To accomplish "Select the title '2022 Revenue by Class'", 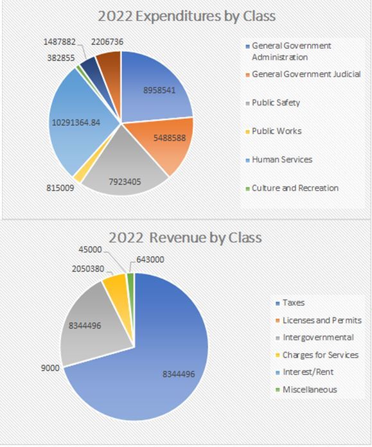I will click(185, 237).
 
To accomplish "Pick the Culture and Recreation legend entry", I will click(294, 188).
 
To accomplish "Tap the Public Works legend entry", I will click(276, 131).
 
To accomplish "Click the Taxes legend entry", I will click(293, 302).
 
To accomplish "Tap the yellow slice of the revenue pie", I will click(116, 290).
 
